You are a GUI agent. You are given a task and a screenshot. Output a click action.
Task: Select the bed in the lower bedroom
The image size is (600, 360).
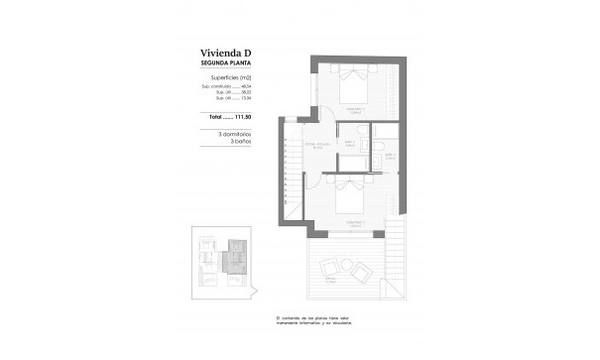pyautogui.click(x=353, y=195)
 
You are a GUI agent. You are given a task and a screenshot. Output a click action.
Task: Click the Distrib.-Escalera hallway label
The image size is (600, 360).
pyautogui.click(x=316, y=145)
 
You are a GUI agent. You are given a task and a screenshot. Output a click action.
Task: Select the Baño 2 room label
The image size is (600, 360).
pyautogui.click(x=350, y=143)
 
